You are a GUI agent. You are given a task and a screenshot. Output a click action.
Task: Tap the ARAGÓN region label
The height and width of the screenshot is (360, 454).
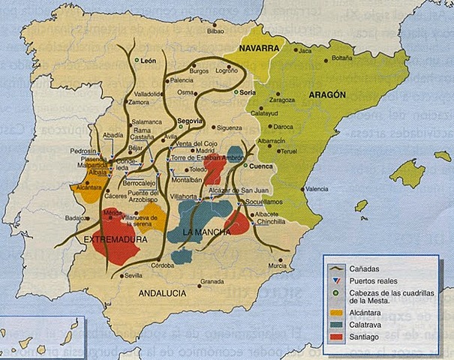coord(326,96)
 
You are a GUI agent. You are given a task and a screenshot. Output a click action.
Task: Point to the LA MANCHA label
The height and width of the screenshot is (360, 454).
coord(206,232)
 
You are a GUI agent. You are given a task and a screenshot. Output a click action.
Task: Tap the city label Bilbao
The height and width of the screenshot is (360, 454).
coord(216,31)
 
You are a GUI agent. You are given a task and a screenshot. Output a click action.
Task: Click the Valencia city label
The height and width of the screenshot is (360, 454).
coord(317,189)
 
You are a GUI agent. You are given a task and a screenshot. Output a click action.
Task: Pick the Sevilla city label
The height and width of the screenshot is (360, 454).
coord(134,276)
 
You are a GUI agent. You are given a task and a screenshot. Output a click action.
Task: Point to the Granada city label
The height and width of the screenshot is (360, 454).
coord(213,282)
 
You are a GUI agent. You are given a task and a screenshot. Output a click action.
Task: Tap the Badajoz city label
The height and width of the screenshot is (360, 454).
coord(77,218)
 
